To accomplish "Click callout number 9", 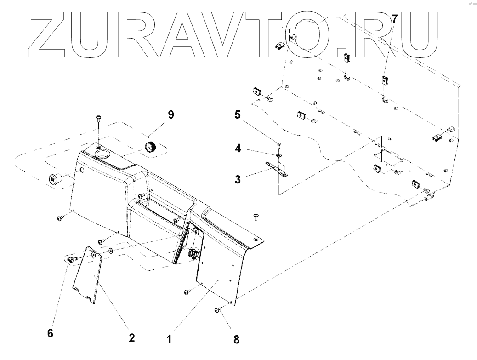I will coord(170,115).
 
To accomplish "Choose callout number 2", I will coord(131,338).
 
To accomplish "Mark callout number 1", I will coord(169,340).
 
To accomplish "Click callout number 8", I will coord(236,340).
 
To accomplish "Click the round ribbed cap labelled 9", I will coord(151,147).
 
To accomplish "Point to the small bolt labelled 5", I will coord(279,145).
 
